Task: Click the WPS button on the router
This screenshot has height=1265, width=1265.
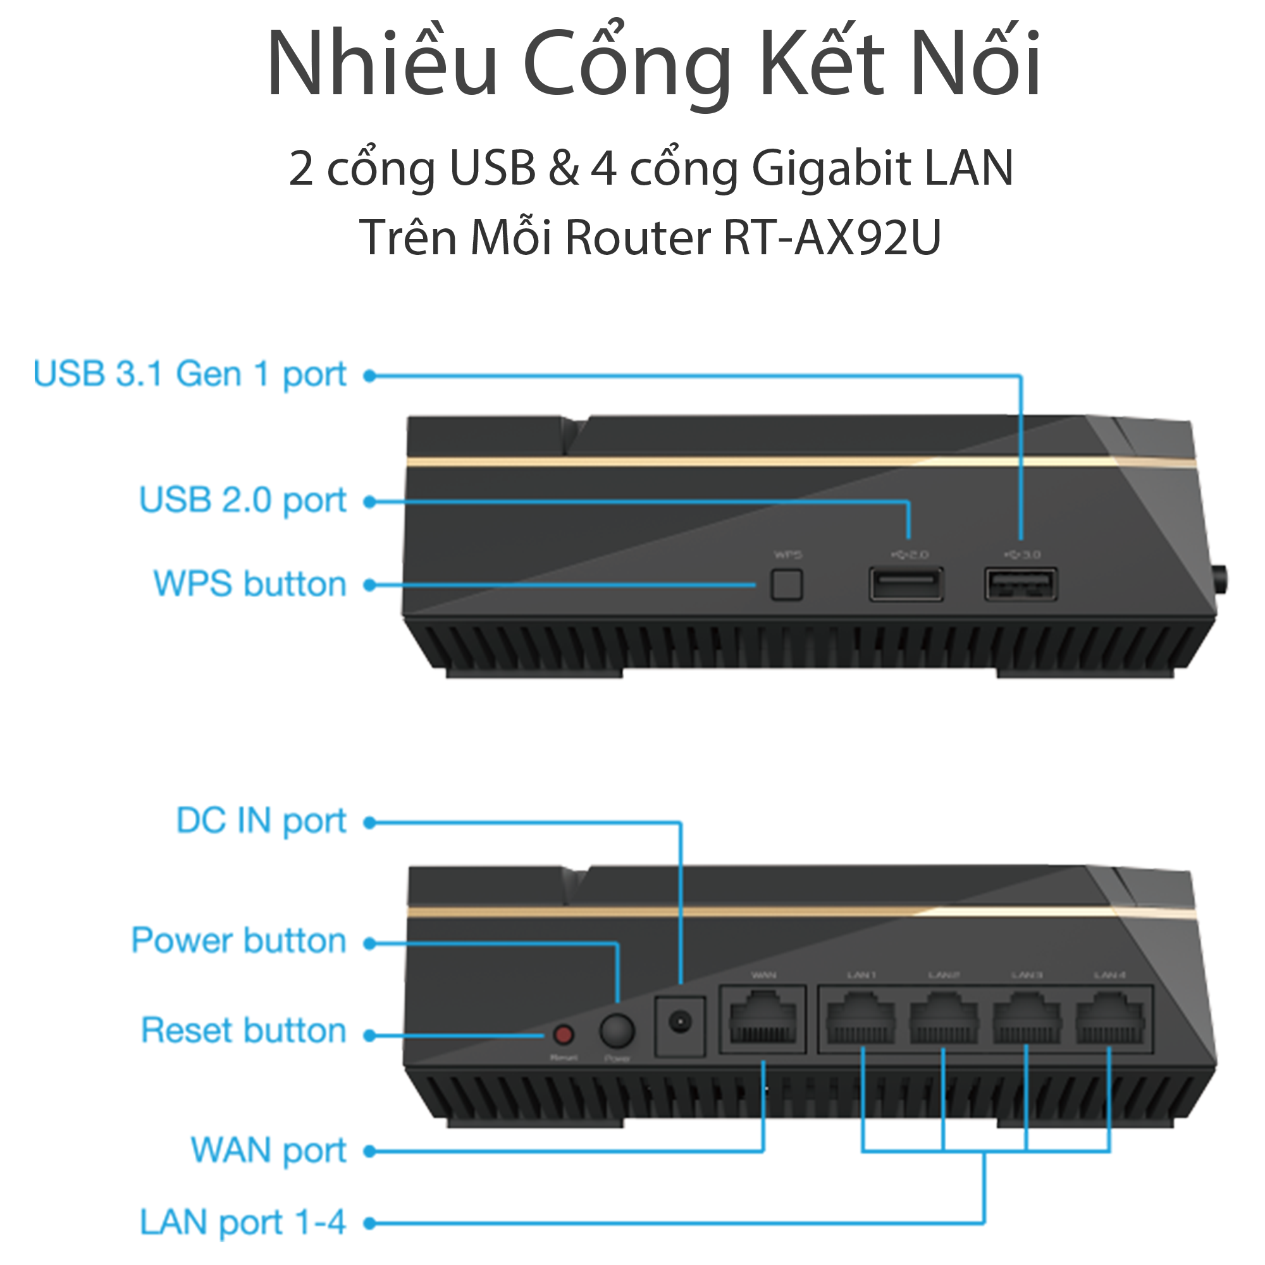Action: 786,584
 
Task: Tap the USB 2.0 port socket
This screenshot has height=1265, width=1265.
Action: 906,584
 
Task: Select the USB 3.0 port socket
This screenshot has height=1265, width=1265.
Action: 1021,584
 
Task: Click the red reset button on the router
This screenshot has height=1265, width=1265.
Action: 564,1035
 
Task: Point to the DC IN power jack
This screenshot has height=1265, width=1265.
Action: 681,1022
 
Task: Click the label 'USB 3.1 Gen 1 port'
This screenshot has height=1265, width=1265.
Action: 189,374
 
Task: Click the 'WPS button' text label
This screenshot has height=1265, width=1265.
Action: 249,584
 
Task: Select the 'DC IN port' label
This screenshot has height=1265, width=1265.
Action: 261,821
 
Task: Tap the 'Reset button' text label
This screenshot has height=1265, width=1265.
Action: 244,1030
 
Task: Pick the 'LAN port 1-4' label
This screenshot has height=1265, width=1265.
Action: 242,1223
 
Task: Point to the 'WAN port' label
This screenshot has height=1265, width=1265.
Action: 268,1151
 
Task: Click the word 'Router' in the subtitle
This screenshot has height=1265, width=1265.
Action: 638,237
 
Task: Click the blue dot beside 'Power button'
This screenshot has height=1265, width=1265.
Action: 370,944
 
